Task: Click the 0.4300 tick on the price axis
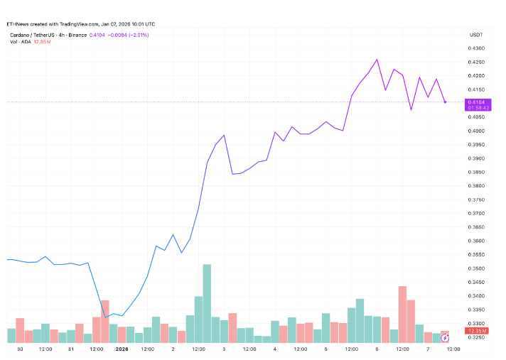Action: (475, 48)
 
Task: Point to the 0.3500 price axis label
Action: (475, 268)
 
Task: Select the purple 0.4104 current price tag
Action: (475, 105)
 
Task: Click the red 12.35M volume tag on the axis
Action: (475, 332)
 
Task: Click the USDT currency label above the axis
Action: (475, 34)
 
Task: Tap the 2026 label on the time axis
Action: (122, 349)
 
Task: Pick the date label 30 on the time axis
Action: (20, 349)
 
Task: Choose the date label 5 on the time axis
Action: (325, 349)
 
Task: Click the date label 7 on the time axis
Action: (428, 349)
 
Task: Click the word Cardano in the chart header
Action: (21, 34)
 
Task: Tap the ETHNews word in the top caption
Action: (16, 24)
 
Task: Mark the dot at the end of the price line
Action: (445, 102)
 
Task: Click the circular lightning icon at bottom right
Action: (446, 337)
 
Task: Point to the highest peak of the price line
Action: (377, 60)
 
